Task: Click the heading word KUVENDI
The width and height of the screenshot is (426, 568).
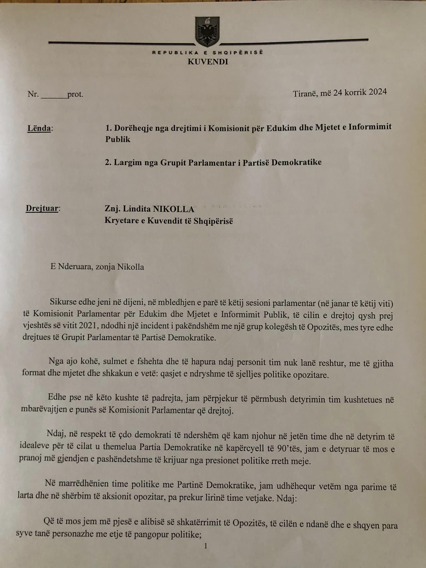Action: [208, 62]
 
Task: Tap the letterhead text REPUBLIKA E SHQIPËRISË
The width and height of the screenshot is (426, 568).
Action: [207, 52]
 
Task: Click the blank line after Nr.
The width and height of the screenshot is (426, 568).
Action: [54, 95]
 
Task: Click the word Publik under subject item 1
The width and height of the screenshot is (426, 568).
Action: [118, 139]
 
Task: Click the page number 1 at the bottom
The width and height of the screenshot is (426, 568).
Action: [206, 546]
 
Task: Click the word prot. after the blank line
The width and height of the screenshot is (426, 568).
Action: [75, 95]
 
